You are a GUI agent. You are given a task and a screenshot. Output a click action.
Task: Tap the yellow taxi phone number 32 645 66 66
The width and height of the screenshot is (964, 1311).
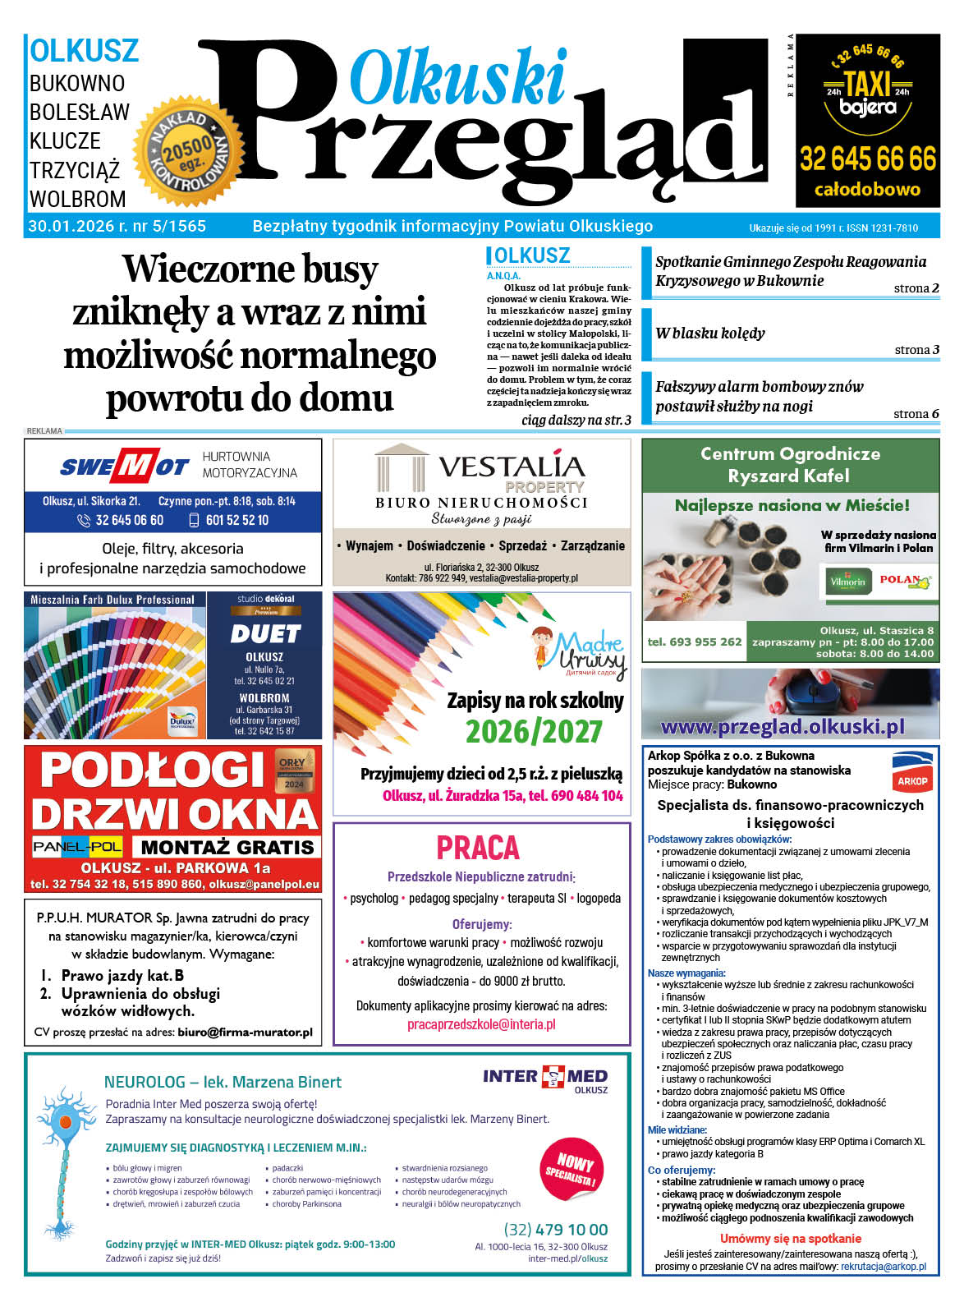pyautogui.click(x=867, y=158)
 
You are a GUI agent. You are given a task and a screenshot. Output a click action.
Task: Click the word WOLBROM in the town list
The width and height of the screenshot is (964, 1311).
pyautogui.click(x=78, y=199)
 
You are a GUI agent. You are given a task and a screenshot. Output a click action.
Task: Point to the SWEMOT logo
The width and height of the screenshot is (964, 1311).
pyautogui.click(x=124, y=467)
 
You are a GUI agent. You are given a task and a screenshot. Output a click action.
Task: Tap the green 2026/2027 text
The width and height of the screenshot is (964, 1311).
pyautogui.click(x=534, y=730)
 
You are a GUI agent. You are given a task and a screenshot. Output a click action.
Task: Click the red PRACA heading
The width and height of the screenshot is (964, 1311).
pyautogui.click(x=478, y=847)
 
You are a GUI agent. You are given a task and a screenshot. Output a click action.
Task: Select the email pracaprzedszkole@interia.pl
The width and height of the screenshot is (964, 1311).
pyautogui.click(x=481, y=1024)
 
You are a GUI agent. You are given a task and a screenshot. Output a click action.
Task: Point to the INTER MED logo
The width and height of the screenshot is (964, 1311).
pyautogui.click(x=545, y=1076)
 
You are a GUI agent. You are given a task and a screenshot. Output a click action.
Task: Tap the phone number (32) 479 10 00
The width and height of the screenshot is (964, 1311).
pyautogui.click(x=556, y=1229)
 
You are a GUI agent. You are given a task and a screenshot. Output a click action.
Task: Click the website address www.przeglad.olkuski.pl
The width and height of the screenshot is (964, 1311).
pyautogui.click(x=783, y=726)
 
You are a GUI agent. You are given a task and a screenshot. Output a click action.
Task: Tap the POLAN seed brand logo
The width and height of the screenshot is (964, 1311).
pyautogui.click(x=906, y=581)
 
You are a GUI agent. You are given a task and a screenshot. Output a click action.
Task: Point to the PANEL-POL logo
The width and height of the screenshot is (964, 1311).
pyautogui.click(x=77, y=846)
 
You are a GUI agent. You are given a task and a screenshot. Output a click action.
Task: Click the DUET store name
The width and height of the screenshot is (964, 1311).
pyautogui.click(x=264, y=634)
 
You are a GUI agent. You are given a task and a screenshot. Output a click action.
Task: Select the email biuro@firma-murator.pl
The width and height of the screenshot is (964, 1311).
pyautogui.click(x=245, y=1033)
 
